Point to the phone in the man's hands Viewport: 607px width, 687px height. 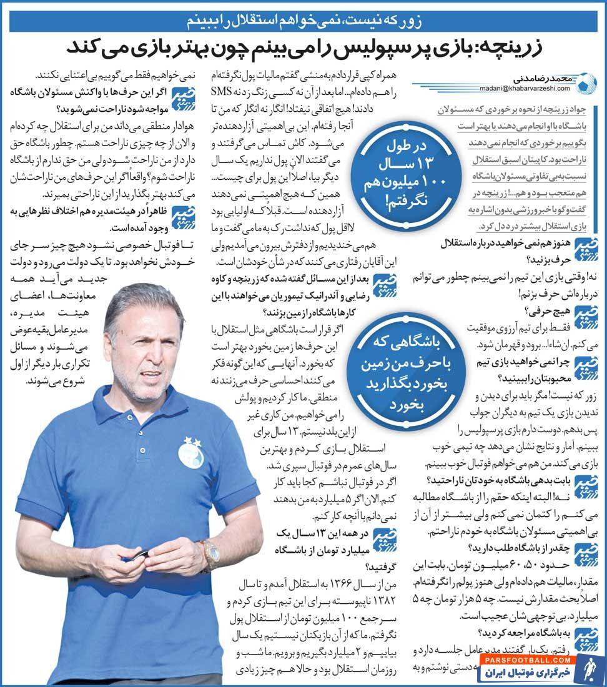139,555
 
